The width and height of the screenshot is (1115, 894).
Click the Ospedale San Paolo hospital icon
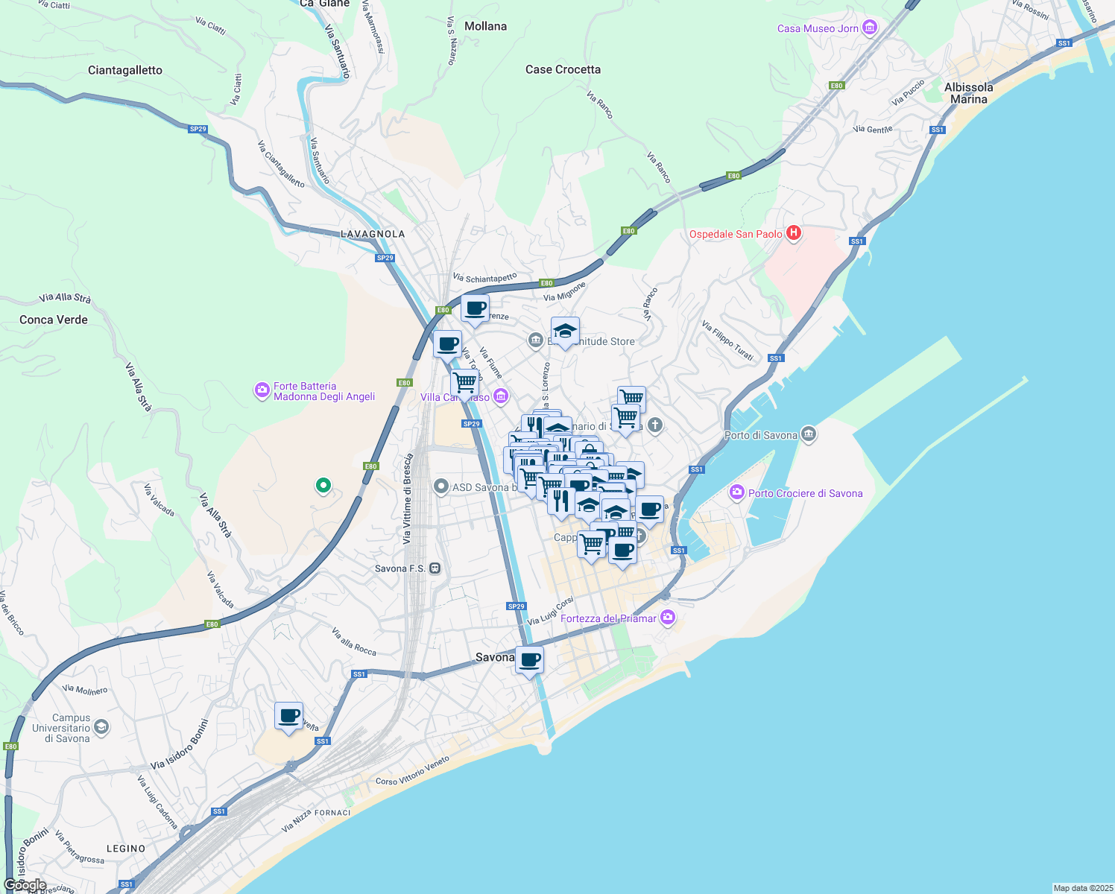click(794, 233)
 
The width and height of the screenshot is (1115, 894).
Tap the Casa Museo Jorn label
click(818, 28)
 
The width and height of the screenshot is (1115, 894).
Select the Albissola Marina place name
click(968, 93)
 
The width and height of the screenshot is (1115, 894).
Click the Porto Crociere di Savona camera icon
click(737, 492)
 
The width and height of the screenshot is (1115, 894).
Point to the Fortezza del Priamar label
click(608, 618)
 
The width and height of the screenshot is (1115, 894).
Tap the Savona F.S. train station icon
click(435, 568)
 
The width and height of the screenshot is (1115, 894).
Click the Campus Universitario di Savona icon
click(101, 726)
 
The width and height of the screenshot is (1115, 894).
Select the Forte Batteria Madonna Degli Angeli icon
click(262, 390)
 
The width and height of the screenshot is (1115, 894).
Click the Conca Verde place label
click(54, 320)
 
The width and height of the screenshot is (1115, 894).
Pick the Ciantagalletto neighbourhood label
click(125, 70)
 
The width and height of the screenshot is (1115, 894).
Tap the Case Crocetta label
click(563, 69)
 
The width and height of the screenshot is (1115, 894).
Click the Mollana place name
click(485, 26)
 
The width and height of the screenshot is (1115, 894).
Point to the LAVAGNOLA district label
click(373, 234)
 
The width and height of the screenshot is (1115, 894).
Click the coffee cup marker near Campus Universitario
click(288, 717)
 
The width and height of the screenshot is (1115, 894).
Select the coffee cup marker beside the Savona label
click(530, 659)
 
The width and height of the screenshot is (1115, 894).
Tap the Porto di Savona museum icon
click(809, 434)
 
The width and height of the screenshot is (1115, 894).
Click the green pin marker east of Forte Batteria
click(323, 486)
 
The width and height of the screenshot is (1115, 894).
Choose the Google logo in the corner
click(25, 885)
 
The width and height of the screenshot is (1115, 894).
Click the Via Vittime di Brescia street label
click(407, 498)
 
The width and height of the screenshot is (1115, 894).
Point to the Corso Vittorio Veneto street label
click(412, 771)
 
